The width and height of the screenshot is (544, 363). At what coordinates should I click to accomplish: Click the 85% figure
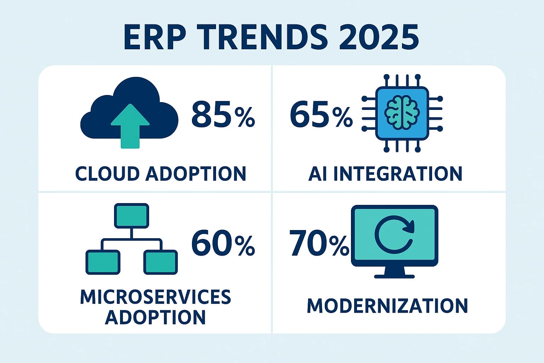tap(223, 114)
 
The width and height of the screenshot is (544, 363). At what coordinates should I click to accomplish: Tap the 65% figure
tap(321, 114)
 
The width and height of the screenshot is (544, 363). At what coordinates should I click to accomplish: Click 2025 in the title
tap(379, 37)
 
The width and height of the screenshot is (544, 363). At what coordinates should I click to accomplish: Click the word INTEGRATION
tap(398, 174)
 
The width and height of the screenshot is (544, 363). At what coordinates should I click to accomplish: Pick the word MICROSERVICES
tap(155, 297)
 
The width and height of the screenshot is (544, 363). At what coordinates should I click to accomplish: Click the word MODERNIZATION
tap(387, 306)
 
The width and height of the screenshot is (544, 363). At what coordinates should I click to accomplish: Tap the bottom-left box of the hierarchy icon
tap(103, 262)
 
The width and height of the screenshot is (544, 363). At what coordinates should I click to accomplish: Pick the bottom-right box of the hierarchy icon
tap(160, 262)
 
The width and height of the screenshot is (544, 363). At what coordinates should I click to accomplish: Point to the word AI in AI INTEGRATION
tap(318, 174)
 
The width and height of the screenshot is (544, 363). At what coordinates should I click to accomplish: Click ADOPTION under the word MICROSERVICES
tap(155, 317)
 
